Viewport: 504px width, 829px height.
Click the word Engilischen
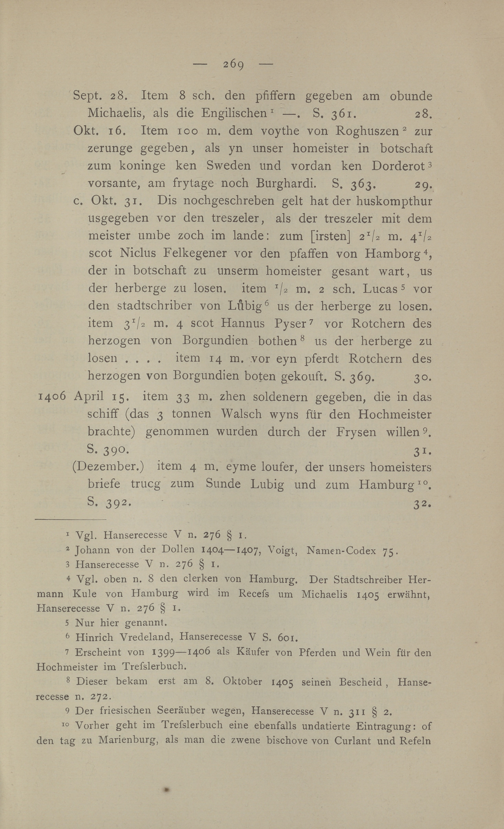click(x=234, y=113)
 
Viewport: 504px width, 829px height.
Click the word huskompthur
click(x=394, y=201)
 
